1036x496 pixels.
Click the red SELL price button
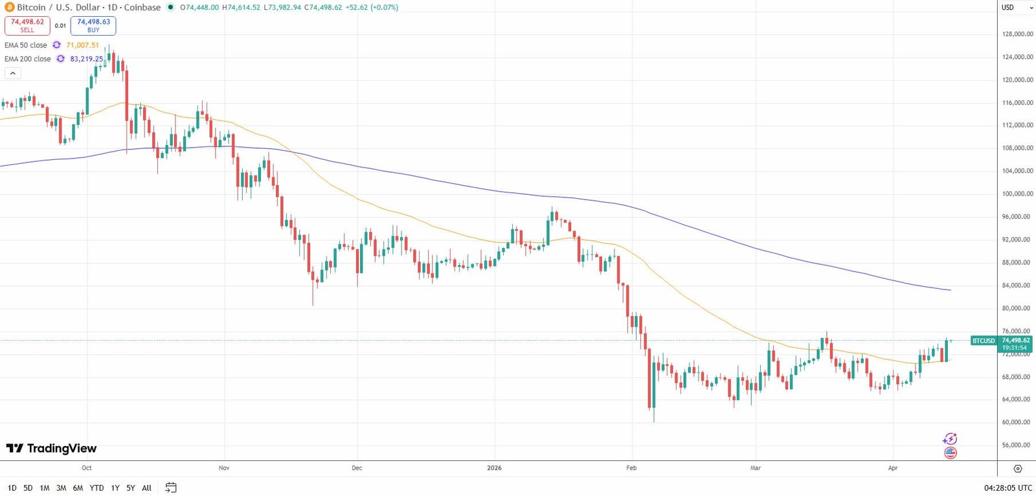27,25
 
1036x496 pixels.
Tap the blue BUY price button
93,25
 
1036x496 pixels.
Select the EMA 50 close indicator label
26,45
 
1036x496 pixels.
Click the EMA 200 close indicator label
28,59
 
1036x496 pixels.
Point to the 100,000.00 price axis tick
1017,194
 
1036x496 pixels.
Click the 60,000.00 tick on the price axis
1017,422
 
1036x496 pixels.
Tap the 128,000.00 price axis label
1017,34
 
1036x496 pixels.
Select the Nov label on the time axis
224,468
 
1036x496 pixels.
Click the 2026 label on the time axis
494,468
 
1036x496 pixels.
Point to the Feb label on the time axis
631,468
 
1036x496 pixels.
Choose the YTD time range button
96,488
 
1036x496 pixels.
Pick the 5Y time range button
131,488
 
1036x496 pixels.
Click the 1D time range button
12,488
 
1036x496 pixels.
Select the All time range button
146,488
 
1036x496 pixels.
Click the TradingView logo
51,448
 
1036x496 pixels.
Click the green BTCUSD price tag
983,341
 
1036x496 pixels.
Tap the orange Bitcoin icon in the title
10,7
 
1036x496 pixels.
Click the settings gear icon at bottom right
1017,468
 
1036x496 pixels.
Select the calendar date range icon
171,488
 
